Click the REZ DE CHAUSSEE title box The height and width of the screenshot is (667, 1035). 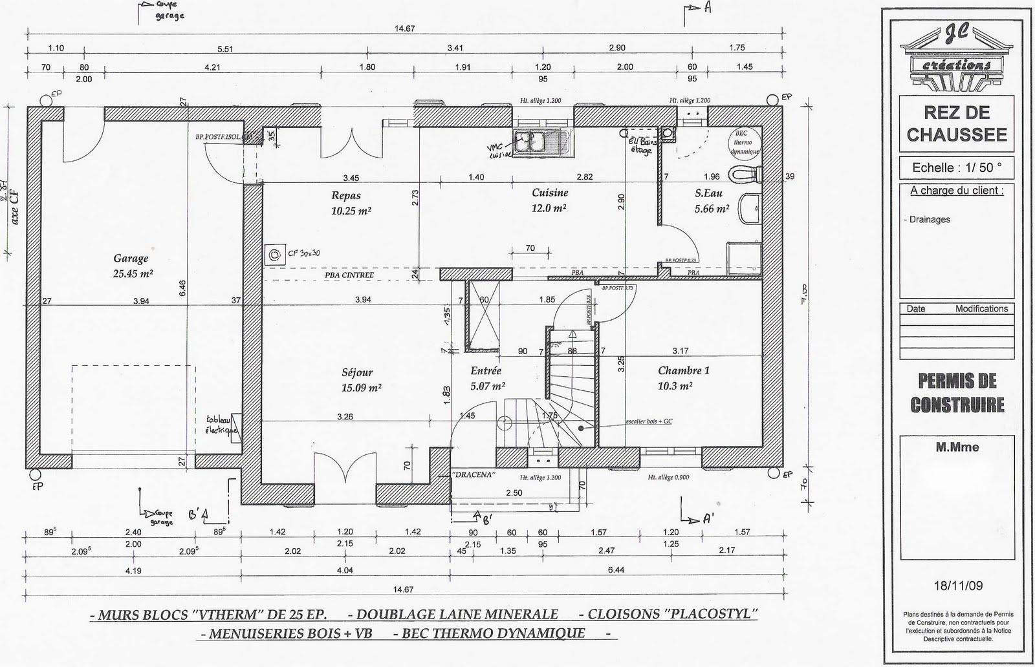coord(957,123)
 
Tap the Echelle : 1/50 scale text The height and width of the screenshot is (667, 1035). coord(957,167)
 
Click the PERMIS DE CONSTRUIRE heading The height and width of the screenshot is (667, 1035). coord(957,392)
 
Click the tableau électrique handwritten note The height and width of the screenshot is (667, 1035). coord(222,424)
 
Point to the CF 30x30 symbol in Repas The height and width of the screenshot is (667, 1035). coord(276,255)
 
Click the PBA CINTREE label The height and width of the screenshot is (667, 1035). coord(349,275)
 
